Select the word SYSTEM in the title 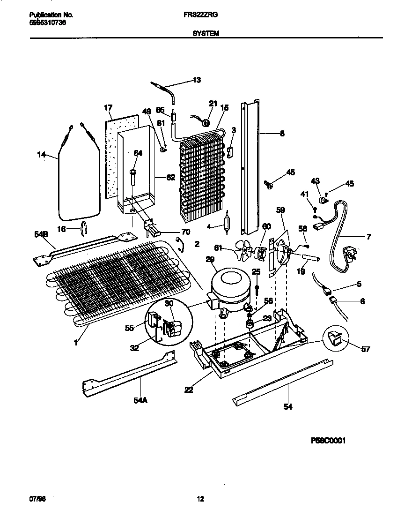[x=205, y=34]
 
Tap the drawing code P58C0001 [x=328, y=441]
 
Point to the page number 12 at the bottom [x=200, y=499]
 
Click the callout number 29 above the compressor [x=210, y=259]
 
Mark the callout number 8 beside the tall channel [x=282, y=133]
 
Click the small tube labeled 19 [x=310, y=258]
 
